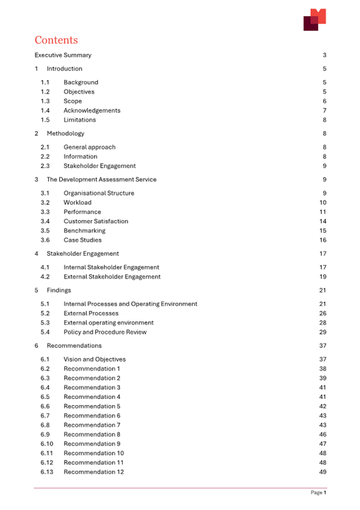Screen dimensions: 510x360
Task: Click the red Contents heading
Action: [56, 41]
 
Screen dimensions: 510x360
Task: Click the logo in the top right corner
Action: [314, 19]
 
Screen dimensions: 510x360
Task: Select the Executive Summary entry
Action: [63, 55]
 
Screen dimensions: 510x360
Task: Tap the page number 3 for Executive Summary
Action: [324, 55]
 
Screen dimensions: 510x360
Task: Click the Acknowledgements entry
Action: [92, 110]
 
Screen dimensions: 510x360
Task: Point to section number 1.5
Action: [45, 120]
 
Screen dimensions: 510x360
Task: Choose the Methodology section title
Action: [65, 133]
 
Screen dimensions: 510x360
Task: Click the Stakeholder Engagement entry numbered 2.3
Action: [99, 166]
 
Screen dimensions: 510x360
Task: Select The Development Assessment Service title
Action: [101, 180]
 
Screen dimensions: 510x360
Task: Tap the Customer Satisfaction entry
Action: [95, 221]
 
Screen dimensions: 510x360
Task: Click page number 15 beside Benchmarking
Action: [323, 231]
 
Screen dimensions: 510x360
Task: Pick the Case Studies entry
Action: [82, 240]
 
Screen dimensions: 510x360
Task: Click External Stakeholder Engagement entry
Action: [111, 277]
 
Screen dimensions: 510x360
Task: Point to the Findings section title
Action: [59, 290]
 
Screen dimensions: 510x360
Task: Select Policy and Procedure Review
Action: [105, 332]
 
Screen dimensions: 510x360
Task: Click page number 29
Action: [323, 332]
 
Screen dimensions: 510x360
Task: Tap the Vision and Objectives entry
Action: [94, 359]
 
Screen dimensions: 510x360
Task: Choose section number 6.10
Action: [47, 443]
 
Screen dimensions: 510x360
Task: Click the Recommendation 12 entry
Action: [93, 472]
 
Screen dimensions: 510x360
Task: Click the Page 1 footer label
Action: [318, 492]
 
